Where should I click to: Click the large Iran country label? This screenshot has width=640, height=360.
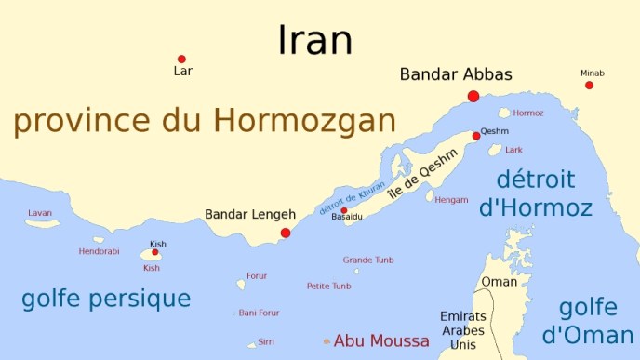[315, 40]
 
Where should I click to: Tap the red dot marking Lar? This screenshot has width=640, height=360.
[181, 59]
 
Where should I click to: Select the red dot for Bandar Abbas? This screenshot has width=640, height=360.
[473, 96]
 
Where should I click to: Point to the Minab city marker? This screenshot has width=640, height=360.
[589, 85]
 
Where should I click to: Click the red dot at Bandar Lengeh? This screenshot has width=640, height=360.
[286, 233]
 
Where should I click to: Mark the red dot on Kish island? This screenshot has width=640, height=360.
[155, 252]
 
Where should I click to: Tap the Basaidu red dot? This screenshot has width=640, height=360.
[343, 210]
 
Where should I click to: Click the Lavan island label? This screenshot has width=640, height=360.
[40, 213]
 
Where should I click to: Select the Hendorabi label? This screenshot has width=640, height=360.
[99, 251]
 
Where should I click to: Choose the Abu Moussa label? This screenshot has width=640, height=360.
[381, 340]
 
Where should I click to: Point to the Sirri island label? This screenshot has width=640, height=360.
[266, 341]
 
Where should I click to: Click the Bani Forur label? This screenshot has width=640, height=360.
[259, 313]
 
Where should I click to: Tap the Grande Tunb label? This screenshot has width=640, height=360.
[368, 260]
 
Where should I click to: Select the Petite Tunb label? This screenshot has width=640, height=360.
[329, 286]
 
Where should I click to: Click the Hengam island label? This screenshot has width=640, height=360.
[451, 199]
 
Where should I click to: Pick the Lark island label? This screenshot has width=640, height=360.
[513, 149]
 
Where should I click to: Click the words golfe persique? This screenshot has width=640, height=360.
[105, 299]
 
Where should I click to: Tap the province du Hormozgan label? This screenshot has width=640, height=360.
[205, 121]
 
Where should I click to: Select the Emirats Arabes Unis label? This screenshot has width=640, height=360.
[462, 330]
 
